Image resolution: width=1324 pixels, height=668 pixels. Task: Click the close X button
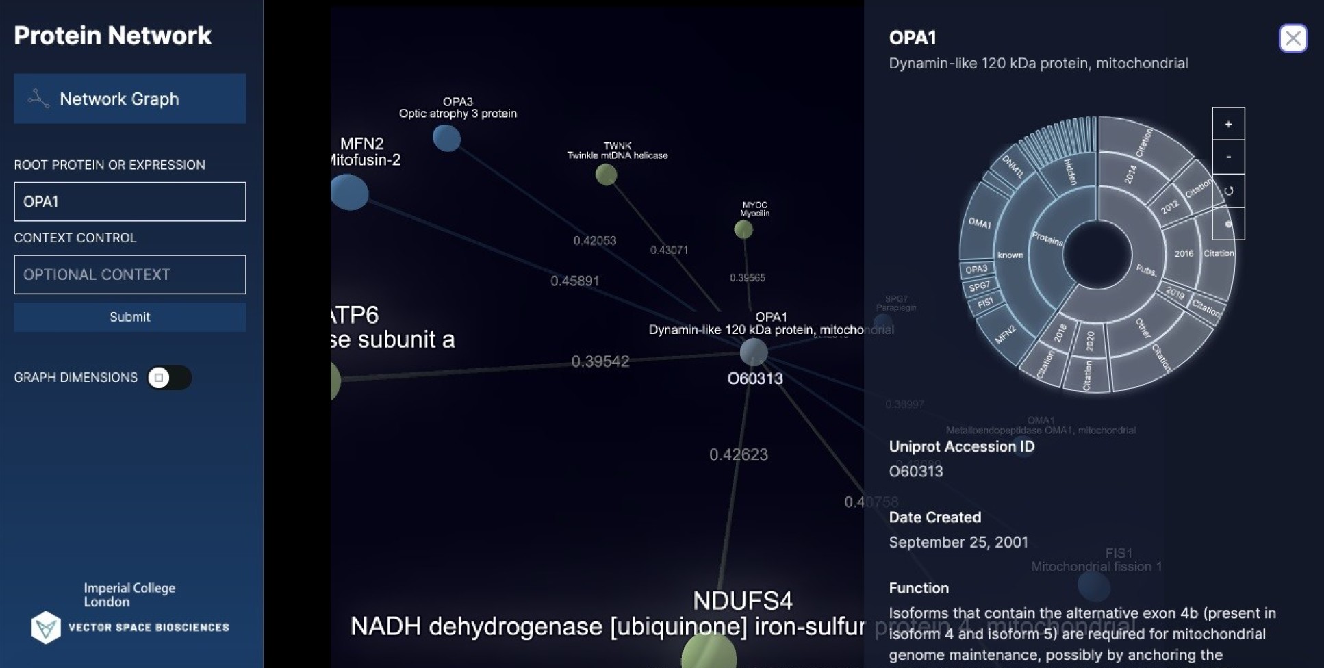point(1293,38)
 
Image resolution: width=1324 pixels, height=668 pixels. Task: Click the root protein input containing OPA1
point(129,201)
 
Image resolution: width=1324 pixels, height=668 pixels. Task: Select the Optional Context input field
point(129,274)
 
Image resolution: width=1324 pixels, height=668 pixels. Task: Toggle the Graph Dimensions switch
point(168,378)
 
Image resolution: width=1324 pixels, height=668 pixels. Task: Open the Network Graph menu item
point(129,99)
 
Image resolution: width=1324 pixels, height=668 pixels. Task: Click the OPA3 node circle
point(446,138)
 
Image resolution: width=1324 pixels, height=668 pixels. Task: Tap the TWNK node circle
point(606,175)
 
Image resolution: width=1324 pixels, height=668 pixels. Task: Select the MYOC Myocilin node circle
point(743,229)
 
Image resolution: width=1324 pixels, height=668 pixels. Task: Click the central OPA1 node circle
point(754,352)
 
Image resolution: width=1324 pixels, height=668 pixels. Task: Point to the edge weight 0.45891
point(574,281)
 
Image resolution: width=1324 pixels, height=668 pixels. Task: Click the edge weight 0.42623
point(738,454)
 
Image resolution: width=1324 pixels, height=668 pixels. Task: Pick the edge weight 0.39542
point(600,361)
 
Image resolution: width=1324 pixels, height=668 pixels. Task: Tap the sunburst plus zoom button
point(1228,124)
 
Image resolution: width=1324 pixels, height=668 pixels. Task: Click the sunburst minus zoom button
point(1228,157)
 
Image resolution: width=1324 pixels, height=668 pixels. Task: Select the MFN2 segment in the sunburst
point(1005,335)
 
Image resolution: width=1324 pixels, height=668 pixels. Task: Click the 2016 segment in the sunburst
point(1183,253)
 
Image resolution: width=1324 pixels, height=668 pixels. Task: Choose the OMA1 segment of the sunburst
point(980,224)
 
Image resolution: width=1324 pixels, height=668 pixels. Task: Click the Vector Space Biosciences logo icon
point(46,627)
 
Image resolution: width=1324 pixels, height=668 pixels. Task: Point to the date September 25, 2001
point(958,542)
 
